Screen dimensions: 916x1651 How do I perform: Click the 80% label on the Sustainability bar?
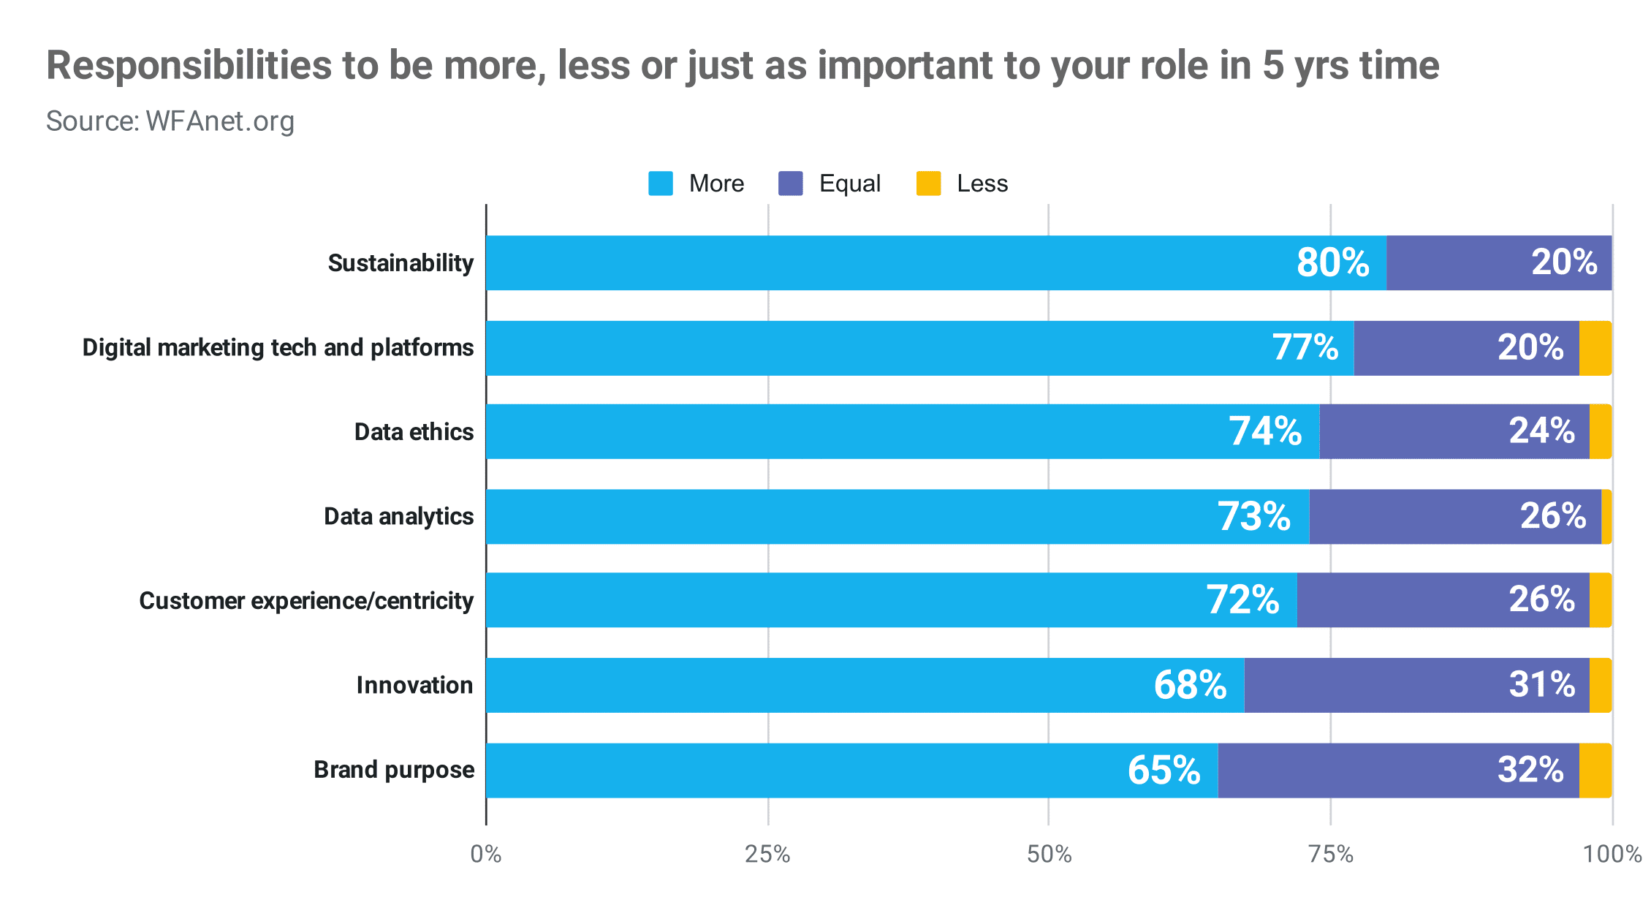1332,262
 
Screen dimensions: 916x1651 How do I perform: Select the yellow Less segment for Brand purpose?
1595,771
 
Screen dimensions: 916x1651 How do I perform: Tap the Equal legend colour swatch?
791,183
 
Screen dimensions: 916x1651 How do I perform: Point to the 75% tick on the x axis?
1330,854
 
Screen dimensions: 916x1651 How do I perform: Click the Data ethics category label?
414,432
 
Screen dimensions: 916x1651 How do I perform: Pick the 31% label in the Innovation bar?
1542,685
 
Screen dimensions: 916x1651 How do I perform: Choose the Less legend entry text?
982,183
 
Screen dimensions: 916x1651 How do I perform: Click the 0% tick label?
486,854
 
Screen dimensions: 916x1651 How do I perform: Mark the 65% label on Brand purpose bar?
1164,771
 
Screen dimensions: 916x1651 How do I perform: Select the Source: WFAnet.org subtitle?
170,121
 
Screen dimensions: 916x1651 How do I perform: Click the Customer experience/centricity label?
306,601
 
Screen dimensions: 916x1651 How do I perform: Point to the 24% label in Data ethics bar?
1542,431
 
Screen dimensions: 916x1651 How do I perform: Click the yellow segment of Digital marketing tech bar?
1595,348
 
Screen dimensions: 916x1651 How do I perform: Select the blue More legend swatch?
660,183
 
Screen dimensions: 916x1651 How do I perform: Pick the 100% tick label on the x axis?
1612,854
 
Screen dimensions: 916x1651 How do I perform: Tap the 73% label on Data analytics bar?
1253,517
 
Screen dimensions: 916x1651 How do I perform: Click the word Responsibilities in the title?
189,66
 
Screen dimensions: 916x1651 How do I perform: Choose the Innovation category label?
414,686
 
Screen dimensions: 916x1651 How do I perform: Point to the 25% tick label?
767,854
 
